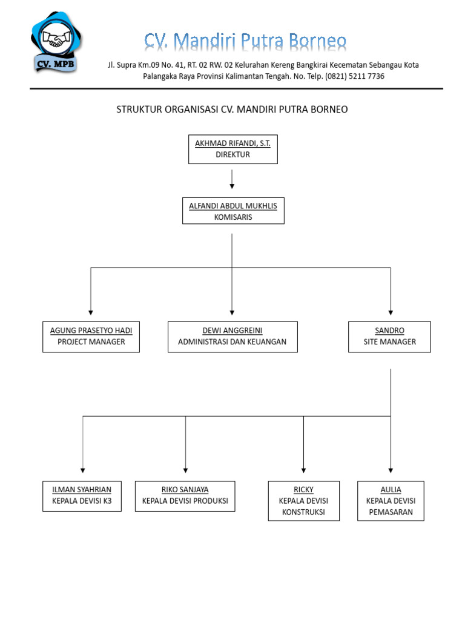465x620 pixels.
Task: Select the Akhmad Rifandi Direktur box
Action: [x=232, y=149]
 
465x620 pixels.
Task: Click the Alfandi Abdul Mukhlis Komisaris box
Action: [x=232, y=211]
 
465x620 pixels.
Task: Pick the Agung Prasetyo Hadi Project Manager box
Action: [x=91, y=337]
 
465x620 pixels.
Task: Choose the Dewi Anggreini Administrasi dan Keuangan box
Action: [x=232, y=337]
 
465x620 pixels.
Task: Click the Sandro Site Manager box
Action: [x=390, y=337]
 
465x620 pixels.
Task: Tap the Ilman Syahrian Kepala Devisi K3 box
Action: [x=82, y=496]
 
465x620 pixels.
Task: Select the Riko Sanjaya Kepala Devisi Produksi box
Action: [x=185, y=496]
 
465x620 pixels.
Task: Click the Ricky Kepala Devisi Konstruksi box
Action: [x=303, y=501]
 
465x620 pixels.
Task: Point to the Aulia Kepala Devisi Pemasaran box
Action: [x=391, y=501]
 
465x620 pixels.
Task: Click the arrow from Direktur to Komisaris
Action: [x=232, y=179]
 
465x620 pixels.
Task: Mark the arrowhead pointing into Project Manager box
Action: [x=91, y=312]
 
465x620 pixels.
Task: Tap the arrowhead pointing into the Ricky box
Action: [x=303, y=469]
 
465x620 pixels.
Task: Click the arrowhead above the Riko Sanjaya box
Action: [x=185, y=469]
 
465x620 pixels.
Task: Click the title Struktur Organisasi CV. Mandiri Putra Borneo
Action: [x=232, y=110]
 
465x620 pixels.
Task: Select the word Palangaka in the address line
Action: [x=161, y=76]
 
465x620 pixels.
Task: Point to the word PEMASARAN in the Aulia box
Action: [x=391, y=512]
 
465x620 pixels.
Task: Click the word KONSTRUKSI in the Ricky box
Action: [x=303, y=512]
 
